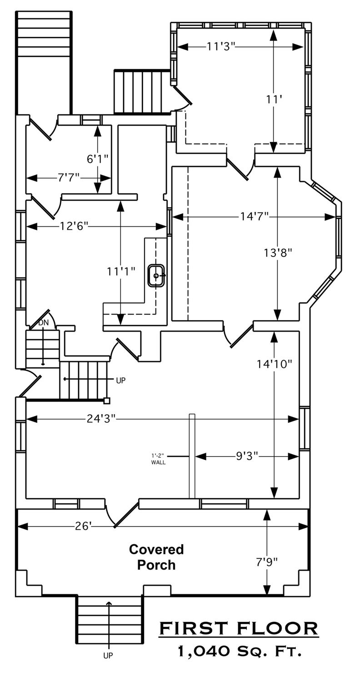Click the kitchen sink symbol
pyautogui.click(x=156, y=276)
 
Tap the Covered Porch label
pyautogui.click(x=156, y=557)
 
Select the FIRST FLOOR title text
pyautogui.click(x=239, y=628)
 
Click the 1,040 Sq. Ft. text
pyautogui.click(x=240, y=651)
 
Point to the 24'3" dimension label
pyautogui.click(x=101, y=419)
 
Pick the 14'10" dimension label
pyautogui.click(x=275, y=364)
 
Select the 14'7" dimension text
pyautogui.click(x=255, y=216)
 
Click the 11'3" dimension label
pyautogui.click(x=221, y=46)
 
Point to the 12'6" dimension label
pyautogui.click(x=74, y=226)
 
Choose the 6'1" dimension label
pyautogui.click(x=98, y=159)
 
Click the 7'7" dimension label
pyautogui.click(x=69, y=177)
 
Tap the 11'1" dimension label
pyautogui.click(x=121, y=271)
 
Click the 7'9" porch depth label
pyautogui.click(x=266, y=562)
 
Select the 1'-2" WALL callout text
pyautogui.click(x=159, y=459)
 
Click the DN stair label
pyautogui.click(x=44, y=323)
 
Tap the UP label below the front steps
pyautogui.click(x=108, y=672)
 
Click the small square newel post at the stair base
pyautogui.click(x=106, y=401)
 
